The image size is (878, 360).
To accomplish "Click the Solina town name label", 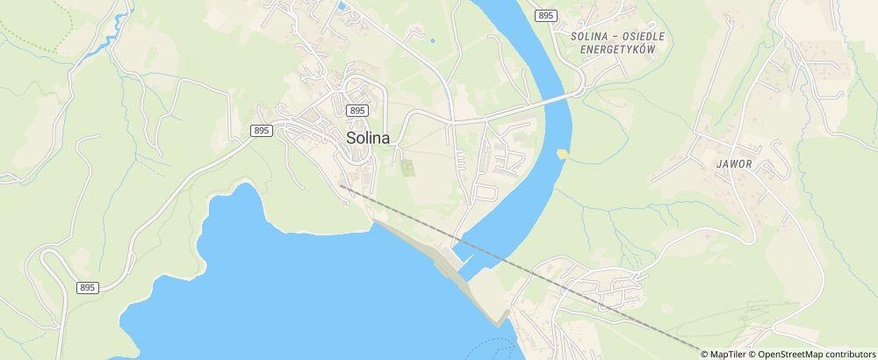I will pyautogui.click(x=368, y=138).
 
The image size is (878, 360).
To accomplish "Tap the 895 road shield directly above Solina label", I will pyautogui.click(x=356, y=110).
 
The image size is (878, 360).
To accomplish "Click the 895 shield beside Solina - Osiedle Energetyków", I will pyautogui.click(x=546, y=16).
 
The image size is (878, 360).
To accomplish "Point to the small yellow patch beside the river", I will pyautogui.click(x=562, y=155).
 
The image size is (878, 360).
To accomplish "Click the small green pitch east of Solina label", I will pyautogui.click(x=407, y=167).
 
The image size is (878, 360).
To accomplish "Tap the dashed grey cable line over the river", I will pyautogui.click(x=492, y=251).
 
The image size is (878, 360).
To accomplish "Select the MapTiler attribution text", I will pyautogui.click(x=727, y=354).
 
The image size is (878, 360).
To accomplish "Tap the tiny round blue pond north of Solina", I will pyautogui.click(x=432, y=40).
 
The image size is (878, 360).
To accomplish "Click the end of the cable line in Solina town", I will pyautogui.click(x=341, y=185).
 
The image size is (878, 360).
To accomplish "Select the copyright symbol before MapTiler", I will pyautogui.click(x=705, y=354).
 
